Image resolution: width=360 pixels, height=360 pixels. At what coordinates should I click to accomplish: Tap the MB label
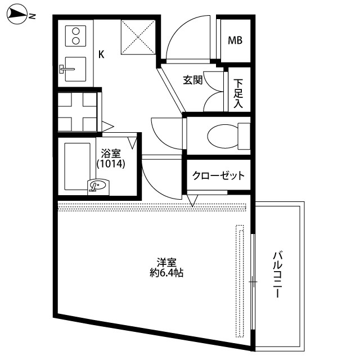click(235, 40)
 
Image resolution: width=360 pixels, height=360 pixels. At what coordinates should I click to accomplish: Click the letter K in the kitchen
click(101, 55)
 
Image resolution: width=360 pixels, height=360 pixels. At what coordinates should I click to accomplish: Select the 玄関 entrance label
click(192, 80)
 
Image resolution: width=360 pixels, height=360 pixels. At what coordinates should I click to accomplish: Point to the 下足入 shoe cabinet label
click(238, 93)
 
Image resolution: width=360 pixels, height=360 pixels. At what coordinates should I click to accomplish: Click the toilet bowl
click(223, 137)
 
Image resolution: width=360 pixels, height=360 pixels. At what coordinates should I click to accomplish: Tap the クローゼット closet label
click(218, 175)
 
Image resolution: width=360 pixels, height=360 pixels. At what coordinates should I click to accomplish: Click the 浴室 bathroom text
click(111, 154)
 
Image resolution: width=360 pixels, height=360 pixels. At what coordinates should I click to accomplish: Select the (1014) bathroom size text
click(111, 164)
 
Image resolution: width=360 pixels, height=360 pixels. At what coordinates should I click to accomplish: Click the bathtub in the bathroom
click(78, 166)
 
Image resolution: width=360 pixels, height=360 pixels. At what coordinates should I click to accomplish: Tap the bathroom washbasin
click(98, 185)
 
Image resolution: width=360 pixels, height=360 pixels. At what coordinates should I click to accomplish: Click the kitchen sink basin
click(75, 69)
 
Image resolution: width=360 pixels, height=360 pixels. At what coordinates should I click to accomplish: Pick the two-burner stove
click(75, 36)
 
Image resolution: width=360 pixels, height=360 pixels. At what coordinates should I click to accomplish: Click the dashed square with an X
click(138, 37)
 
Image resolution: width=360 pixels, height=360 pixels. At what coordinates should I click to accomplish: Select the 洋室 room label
click(166, 263)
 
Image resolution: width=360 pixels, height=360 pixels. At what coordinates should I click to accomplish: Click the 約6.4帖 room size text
click(166, 273)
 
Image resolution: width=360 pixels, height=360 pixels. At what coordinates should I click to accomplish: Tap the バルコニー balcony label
click(278, 274)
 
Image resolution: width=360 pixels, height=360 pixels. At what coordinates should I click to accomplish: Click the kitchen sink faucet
click(67, 69)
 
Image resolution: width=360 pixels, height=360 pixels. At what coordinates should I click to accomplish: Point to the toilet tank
click(244, 136)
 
